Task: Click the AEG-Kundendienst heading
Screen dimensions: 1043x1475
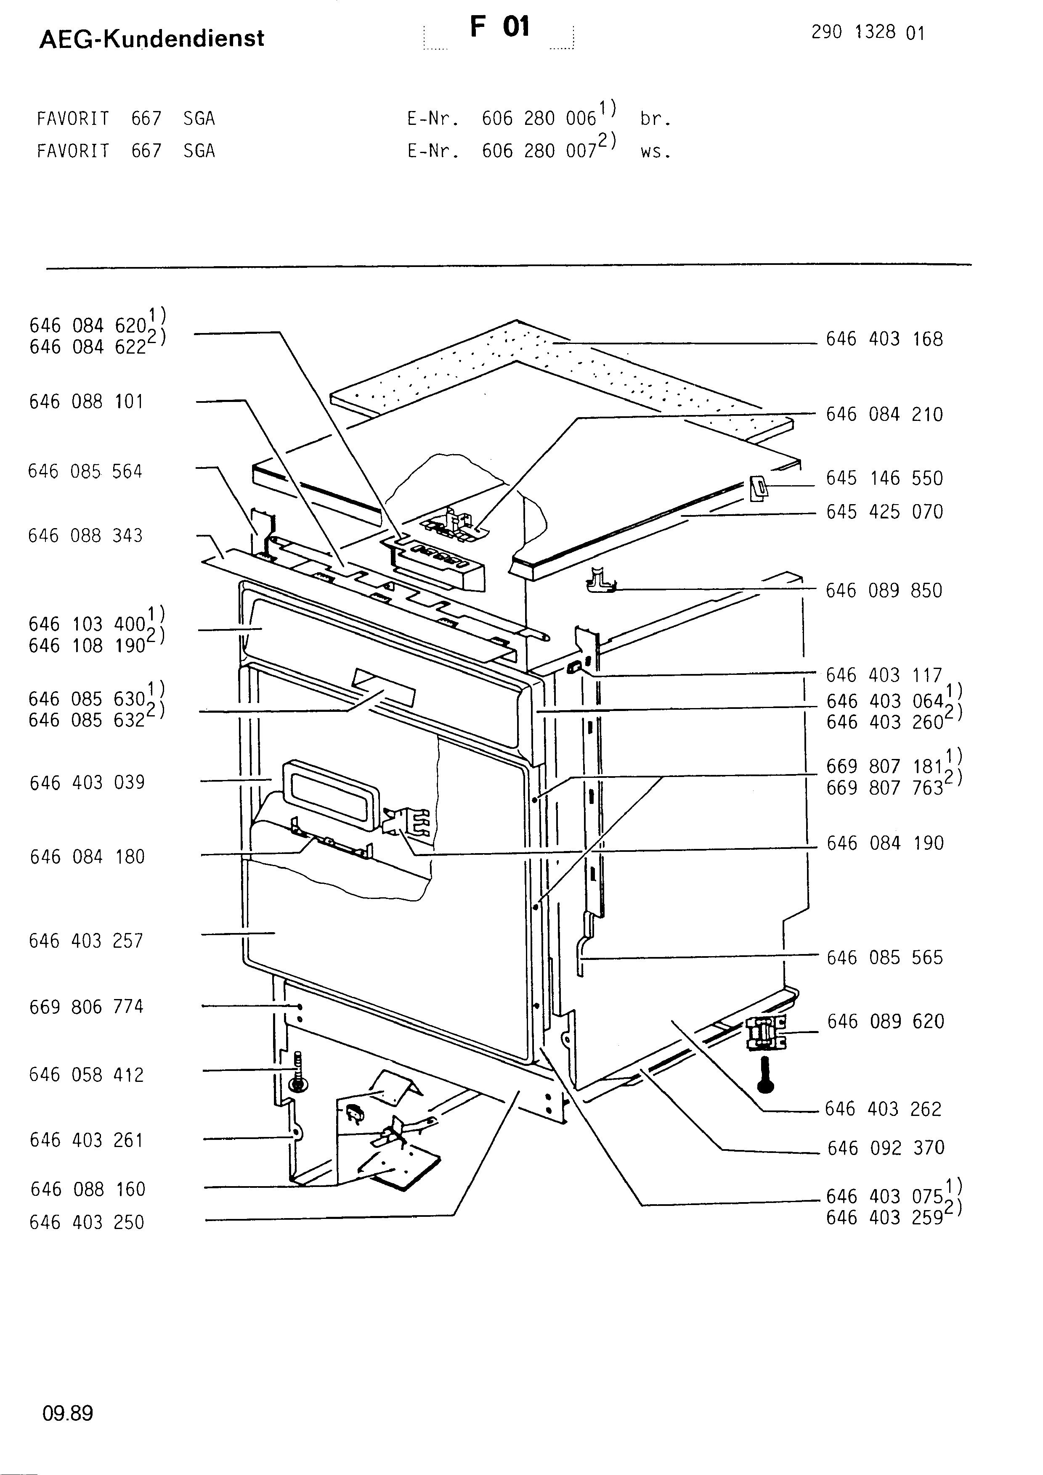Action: pos(151,39)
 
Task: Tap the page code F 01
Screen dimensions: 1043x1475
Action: pos(499,27)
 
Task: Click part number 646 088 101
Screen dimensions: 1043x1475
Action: pos(86,402)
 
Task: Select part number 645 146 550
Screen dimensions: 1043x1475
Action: pos(884,478)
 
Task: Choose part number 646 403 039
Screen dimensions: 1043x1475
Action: pos(88,782)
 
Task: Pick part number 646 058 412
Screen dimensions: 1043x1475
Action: pos(87,1075)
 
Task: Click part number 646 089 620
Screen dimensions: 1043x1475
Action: pos(886,1021)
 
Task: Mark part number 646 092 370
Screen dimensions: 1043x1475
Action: pos(886,1147)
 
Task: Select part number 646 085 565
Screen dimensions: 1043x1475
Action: pos(885,958)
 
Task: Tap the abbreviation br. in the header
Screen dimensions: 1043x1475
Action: pos(656,119)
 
